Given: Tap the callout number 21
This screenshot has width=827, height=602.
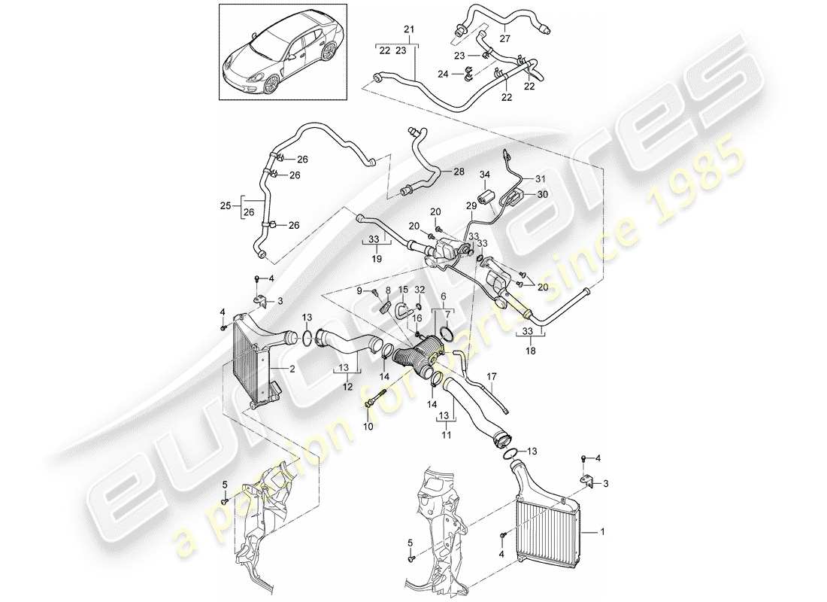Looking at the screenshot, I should click(409, 29).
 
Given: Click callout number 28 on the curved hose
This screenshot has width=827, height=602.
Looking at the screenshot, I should click(458, 172).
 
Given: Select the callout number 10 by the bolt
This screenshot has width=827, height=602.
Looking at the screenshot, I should click(368, 427).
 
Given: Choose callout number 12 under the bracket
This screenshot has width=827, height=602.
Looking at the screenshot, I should click(347, 386).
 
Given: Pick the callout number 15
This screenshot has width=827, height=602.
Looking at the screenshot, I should click(403, 289).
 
